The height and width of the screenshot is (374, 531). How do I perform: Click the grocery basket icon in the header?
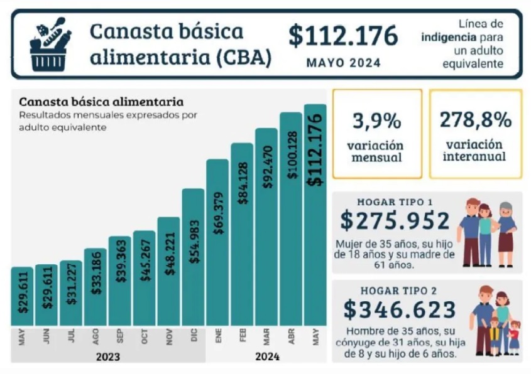[x=50, y=44]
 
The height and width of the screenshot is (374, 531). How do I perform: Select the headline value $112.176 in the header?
[x=343, y=36]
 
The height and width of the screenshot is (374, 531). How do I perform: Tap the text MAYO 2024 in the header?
[x=343, y=63]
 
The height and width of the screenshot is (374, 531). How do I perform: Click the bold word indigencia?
[x=448, y=36]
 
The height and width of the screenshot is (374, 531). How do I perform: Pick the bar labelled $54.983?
[x=193, y=257]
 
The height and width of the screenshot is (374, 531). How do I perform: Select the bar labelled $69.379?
[x=217, y=242]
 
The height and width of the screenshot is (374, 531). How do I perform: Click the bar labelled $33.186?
[x=95, y=287]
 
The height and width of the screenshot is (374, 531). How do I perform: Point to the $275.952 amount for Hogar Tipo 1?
[x=395, y=221]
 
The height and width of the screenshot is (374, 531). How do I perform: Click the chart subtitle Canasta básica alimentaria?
[x=101, y=101]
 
